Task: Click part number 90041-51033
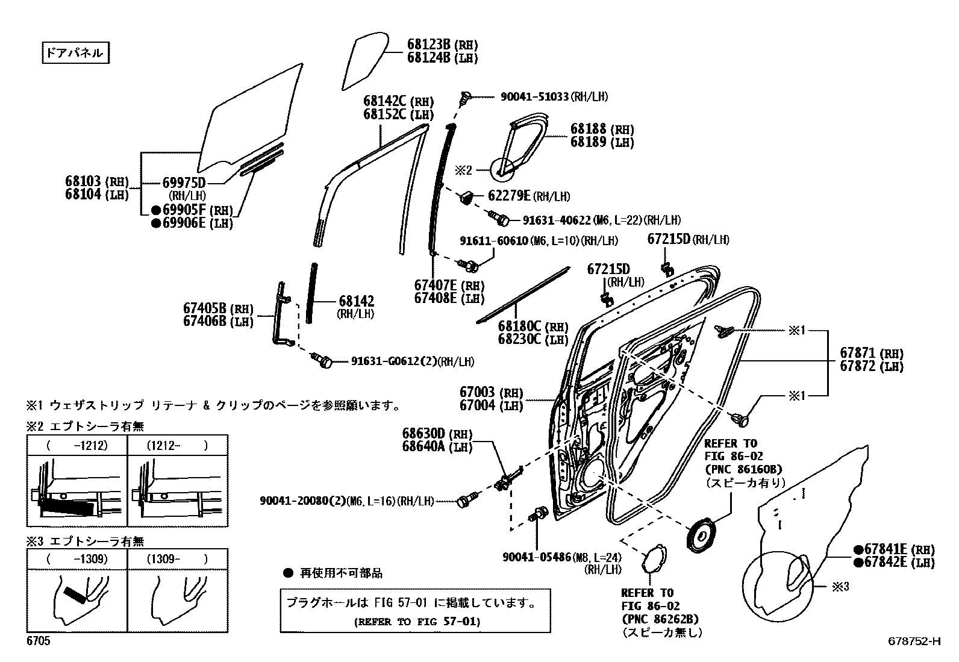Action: [x=534, y=96]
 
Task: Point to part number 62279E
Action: [x=509, y=196]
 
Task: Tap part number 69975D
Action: [x=184, y=183]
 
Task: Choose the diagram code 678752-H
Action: [x=913, y=642]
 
